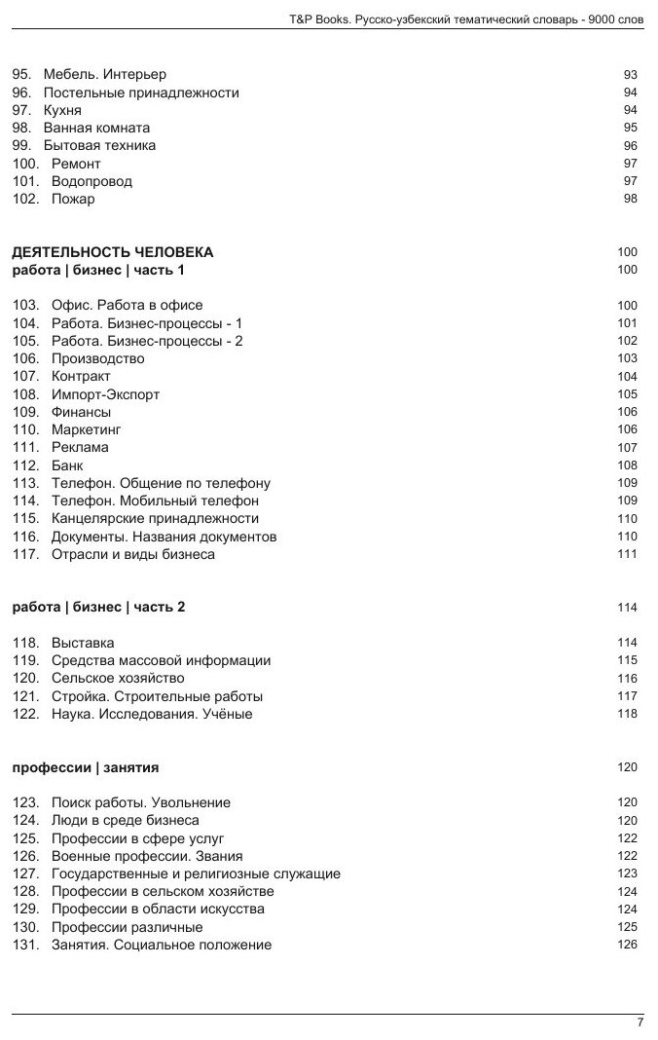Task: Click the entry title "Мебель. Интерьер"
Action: pyautogui.click(x=104, y=75)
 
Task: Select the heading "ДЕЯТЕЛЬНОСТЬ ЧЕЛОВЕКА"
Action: pyautogui.click(x=112, y=252)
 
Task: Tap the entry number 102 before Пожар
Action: pyautogui.click(x=25, y=200)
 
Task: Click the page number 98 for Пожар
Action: pyautogui.click(x=630, y=200)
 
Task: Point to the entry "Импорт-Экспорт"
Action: pyautogui.click(x=105, y=394)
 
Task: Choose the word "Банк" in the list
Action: pyautogui.click(x=67, y=465)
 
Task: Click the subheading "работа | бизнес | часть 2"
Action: pyautogui.click(x=98, y=608)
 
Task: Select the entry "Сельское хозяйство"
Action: pyautogui.click(x=118, y=679)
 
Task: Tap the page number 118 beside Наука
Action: pyautogui.click(x=627, y=714)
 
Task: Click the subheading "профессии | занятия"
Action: pyautogui.click(x=86, y=768)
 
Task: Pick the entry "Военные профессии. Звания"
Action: pyautogui.click(x=133, y=856)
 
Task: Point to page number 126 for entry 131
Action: pyautogui.click(x=627, y=945)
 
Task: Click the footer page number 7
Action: pyautogui.click(x=640, y=1022)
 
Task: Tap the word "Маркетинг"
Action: pyautogui.click(x=86, y=429)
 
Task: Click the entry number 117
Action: pyautogui.click(x=25, y=555)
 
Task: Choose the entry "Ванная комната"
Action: pyautogui.click(x=96, y=129)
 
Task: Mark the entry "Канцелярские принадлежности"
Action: pyautogui.click(x=155, y=519)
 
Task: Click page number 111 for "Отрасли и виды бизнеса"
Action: pyautogui.click(x=627, y=555)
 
